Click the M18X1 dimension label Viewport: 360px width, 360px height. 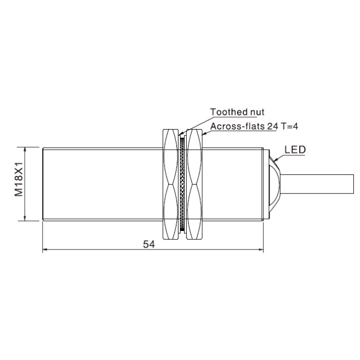click(19, 179)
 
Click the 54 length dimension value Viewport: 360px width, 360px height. click(149, 244)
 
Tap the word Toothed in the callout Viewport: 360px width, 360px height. click(226, 112)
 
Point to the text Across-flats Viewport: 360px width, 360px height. click(238, 127)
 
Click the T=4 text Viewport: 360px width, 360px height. click(289, 126)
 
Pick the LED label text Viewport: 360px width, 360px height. click(295, 150)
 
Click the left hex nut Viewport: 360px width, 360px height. click(171, 184)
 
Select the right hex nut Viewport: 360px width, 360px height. click(194, 184)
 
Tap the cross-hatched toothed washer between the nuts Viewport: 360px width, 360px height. click(183, 184)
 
